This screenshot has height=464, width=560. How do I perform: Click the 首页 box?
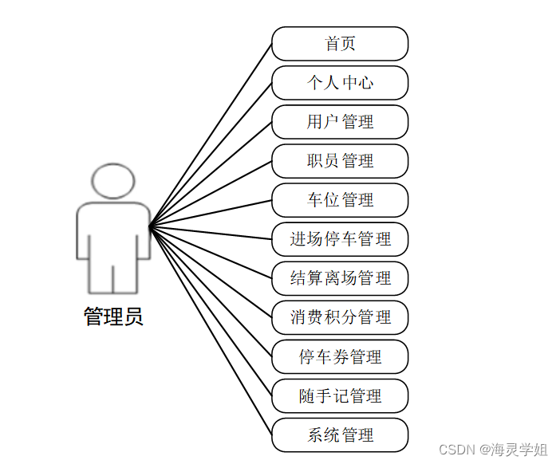tap(340, 44)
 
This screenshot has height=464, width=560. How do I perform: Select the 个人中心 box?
tap(340, 83)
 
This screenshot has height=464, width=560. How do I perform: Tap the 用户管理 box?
tap(340, 122)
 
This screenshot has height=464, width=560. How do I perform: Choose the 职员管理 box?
tap(340, 161)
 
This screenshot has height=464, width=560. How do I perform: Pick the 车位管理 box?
tap(340, 200)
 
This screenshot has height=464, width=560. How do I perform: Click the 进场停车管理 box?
tap(340, 239)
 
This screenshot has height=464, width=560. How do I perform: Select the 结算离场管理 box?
tap(340, 278)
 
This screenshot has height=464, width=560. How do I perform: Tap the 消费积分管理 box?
tap(340, 317)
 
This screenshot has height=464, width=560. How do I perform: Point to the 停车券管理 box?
tap(340, 356)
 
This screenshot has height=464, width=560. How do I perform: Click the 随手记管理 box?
tap(340, 395)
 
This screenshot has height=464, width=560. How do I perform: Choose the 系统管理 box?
tap(340, 435)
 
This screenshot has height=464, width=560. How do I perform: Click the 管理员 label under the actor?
tap(113, 317)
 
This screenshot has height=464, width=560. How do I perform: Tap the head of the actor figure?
tap(112, 181)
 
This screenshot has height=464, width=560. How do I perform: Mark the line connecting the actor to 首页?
tap(211, 136)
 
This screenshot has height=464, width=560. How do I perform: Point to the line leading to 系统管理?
tap(211, 331)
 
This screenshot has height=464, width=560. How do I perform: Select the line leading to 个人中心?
tap(211, 155)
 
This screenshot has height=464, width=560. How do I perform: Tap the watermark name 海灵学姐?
tap(519, 449)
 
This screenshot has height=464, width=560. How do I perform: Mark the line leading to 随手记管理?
tap(211, 311)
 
